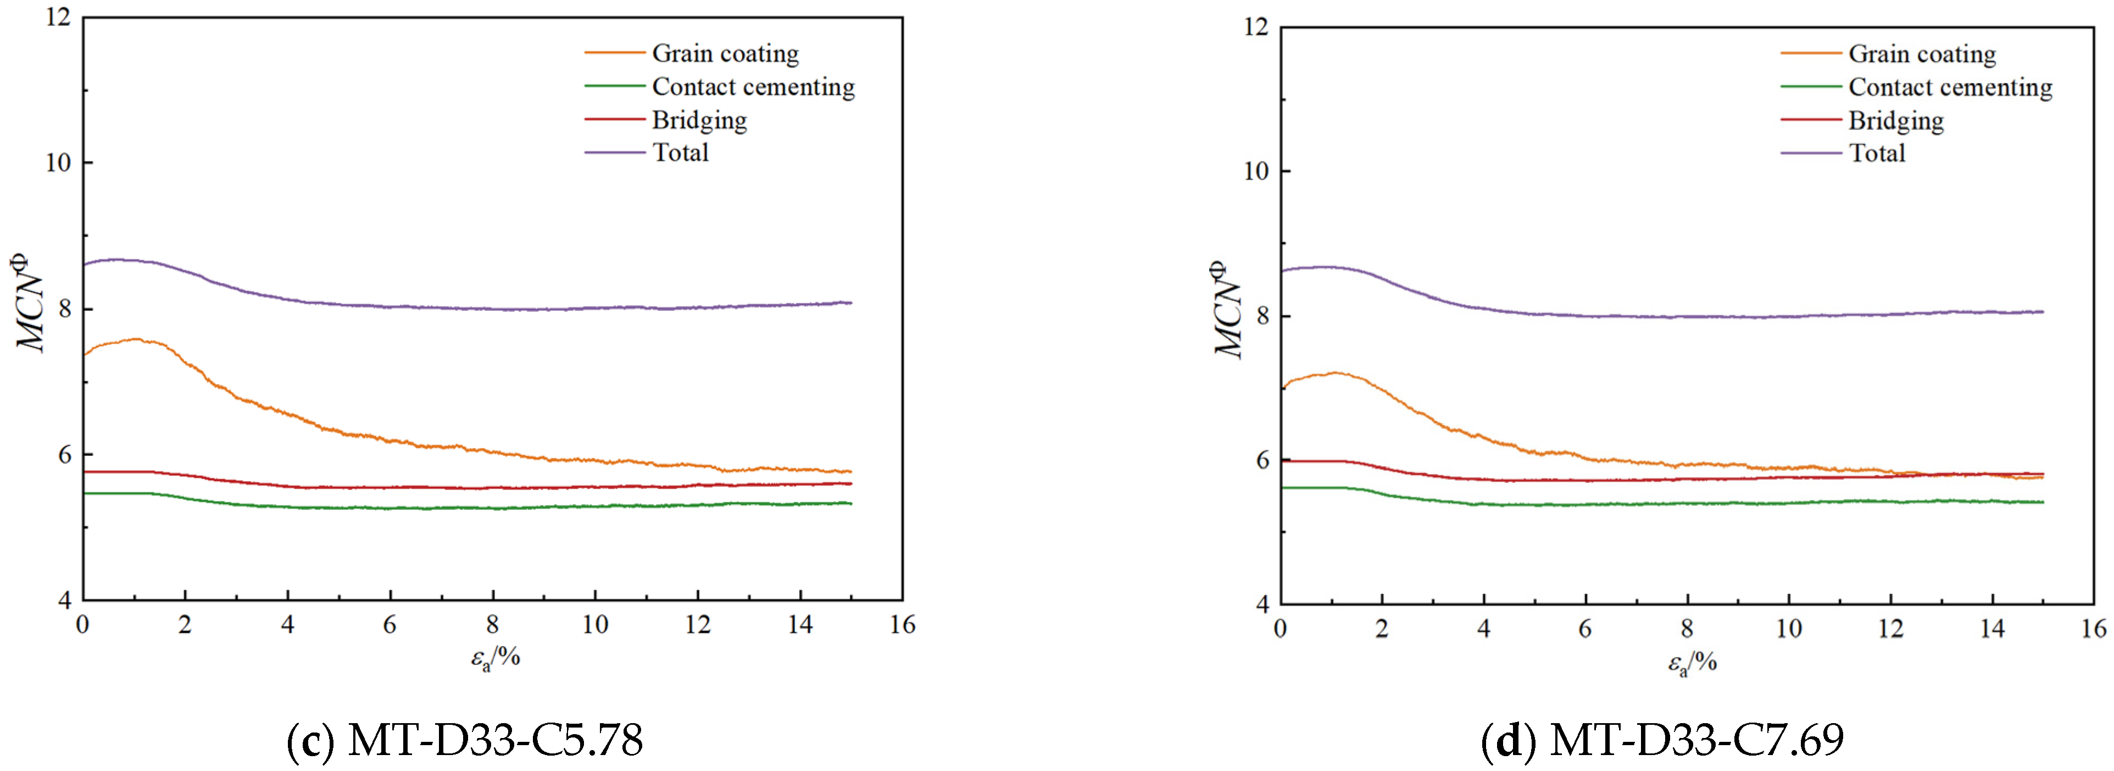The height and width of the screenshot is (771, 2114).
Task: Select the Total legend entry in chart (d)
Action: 1876,153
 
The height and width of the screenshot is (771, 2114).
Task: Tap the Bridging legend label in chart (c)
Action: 699,120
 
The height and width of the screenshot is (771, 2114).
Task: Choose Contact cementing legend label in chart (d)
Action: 1950,87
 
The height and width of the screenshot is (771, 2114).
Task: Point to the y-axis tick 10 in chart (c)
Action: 58,163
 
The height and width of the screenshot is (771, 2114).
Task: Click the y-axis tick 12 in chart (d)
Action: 1255,27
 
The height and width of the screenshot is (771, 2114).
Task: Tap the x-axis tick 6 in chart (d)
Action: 1585,630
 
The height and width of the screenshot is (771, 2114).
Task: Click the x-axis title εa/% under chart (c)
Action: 496,658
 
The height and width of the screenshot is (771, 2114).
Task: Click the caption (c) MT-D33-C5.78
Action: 464,740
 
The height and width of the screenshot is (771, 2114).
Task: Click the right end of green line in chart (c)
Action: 850,503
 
